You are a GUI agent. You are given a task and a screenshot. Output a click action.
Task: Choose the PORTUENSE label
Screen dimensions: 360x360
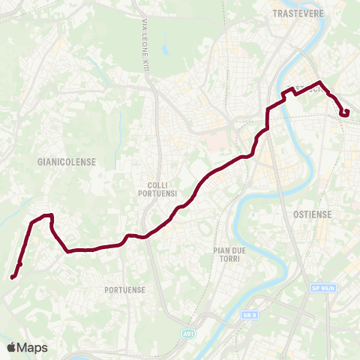(x=124, y=289)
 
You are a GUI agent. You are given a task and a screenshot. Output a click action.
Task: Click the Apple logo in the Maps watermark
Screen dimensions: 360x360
(x=11, y=347)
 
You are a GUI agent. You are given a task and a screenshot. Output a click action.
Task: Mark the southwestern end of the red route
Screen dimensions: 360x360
(x=12, y=277)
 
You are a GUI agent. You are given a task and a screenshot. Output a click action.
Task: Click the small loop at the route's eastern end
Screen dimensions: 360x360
(x=345, y=112)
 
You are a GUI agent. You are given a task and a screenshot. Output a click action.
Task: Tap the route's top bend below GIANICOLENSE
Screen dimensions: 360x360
(x=48, y=216)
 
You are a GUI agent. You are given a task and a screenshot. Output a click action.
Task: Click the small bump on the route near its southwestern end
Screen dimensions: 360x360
(x=20, y=264)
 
